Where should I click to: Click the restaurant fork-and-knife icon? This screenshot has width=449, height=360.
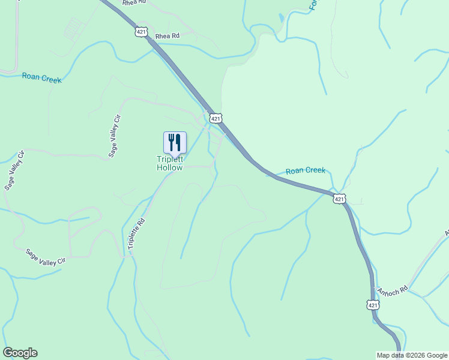click(x=175, y=142)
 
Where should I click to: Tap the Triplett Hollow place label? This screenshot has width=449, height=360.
click(x=169, y=163)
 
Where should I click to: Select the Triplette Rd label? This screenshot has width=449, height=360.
click(x=137, y=233)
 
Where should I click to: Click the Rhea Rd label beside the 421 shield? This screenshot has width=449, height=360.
click(x=167, y=36)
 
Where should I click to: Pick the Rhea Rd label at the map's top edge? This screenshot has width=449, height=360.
click(x=134, y=3)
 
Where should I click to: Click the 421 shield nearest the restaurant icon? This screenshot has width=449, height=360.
click(x=215, y=118)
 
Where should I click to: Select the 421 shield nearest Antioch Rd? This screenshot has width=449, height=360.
click(x=373, y=305)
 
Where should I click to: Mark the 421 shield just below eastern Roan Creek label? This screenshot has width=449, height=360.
click(x=340, y=199)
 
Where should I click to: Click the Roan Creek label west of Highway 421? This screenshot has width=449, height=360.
click(x=41, y=77)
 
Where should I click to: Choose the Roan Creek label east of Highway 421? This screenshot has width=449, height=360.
click(x=305, y=171)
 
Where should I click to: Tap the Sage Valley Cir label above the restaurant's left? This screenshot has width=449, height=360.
click(x=114, y=136)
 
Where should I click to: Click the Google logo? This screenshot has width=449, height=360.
click(x=20, y=353)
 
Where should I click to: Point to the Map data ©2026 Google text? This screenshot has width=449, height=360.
click(x=412, y=355)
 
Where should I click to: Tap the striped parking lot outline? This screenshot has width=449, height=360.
click(x=73, y=28)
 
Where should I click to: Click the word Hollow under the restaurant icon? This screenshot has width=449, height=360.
click(x=169, y=168)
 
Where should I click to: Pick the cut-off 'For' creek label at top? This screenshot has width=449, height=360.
click(x=313, y=5)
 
